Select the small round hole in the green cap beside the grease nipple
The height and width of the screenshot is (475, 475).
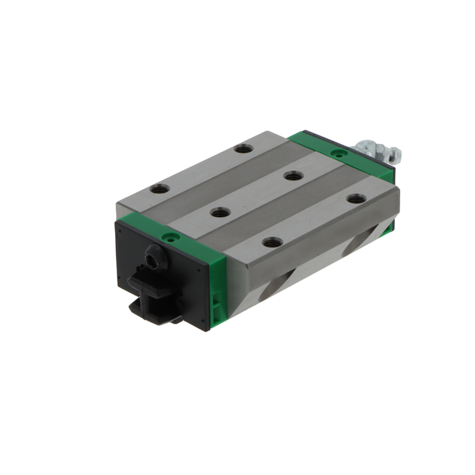point(339,153)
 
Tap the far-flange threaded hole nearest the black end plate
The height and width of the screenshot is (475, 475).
point(159,189)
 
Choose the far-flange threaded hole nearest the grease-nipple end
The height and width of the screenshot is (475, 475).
point(242,148)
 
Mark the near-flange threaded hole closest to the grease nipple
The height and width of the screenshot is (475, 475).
point(355,199)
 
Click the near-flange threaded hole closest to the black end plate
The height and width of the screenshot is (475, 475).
point(272,242)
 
